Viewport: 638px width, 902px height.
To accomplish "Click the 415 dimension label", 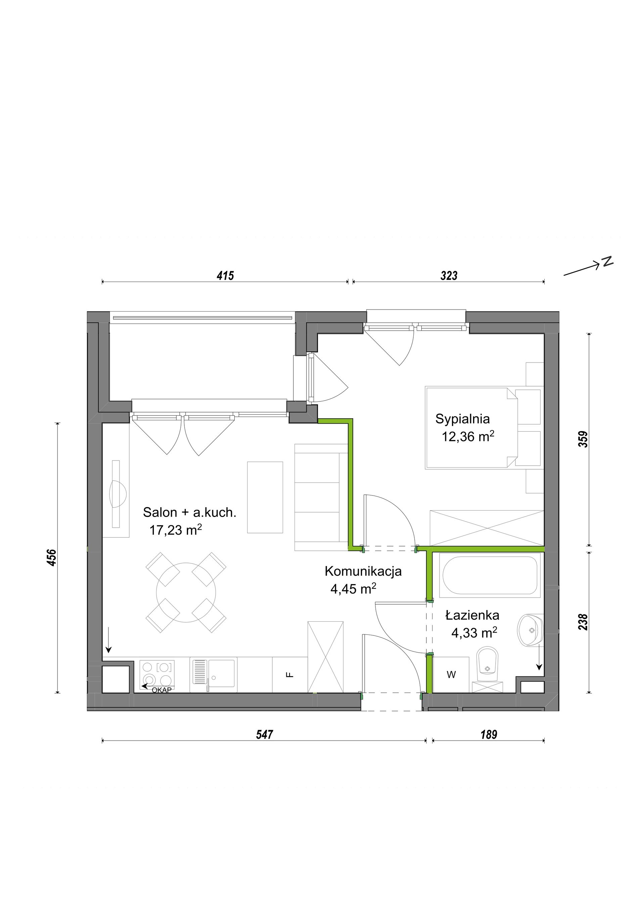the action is click(225, 276).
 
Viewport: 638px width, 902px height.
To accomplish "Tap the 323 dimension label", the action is click(449, 276).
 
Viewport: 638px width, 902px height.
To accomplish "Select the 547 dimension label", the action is click(264, 734).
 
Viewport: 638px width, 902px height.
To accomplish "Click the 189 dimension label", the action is click(489, 734).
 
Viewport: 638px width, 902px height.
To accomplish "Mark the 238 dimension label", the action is click(583, 622).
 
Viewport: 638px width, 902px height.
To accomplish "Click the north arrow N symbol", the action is click(608, 262).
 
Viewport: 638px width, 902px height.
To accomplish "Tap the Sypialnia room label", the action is click(462, 419).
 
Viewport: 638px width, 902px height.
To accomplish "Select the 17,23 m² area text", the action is click(176, 530).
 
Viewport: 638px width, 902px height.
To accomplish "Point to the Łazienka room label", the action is click(472, 615).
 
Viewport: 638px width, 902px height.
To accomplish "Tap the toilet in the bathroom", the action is click(487, 668).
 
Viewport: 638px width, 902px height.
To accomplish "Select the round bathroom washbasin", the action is click(531, 630).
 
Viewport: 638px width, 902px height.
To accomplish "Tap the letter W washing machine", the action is click(451, 674).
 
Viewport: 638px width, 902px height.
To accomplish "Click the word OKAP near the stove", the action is click(162, 690).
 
